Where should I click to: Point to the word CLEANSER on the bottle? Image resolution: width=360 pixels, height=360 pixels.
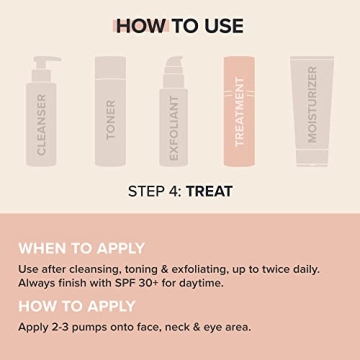(x=42, y=127)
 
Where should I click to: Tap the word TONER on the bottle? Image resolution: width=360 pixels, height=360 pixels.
(x=111, y=120)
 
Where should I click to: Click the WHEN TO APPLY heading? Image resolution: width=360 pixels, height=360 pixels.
(x=82, y=247)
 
